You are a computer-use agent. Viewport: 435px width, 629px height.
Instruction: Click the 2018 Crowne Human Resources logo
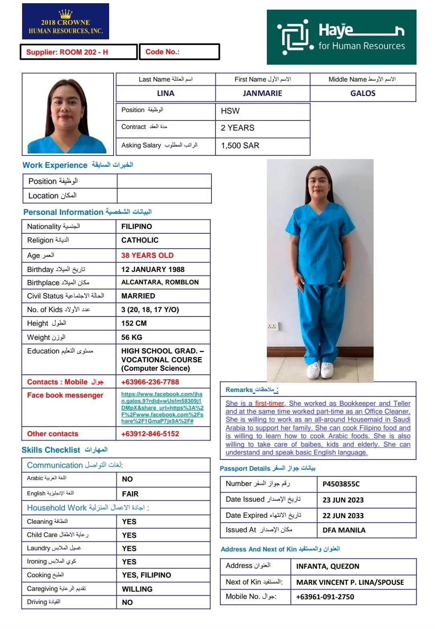[x=65, y=22]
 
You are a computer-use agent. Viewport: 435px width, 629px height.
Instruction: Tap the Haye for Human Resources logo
[x=341, y=37]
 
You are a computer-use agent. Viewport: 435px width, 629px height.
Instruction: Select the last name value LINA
[x=165, y=93]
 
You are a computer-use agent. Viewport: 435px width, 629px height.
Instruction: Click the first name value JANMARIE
[x=262, y=93]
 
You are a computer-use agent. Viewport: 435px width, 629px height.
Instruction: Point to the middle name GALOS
[x=363, y=93]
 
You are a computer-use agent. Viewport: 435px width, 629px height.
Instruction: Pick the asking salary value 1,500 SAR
[x=240, y=145]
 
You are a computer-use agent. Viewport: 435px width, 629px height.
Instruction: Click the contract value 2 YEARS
[x=238, y=128]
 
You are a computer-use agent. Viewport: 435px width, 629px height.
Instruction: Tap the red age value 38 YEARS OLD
[x=147, y=255]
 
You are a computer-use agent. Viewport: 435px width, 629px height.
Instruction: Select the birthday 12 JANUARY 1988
[x=153, y=270]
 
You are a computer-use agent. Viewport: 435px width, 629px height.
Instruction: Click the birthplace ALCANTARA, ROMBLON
[x=160, y=282]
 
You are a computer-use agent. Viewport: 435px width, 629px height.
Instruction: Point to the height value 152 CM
[x=134, y=323]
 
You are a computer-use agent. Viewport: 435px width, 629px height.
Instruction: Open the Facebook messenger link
[x=162, y=408]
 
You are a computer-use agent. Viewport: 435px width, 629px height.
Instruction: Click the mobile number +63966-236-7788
[x=150, y=382]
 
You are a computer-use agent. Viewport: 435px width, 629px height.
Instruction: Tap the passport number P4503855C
[x=341, y=484]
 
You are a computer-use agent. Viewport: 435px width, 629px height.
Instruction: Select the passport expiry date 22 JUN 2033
[x=343, y=516]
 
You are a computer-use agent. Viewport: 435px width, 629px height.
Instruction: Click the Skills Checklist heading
[x=51, y=450]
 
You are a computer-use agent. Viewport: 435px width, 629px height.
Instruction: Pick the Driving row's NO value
[x=127, y=602]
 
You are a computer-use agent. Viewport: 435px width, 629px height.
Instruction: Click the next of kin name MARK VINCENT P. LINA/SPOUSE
[x=350, y=582]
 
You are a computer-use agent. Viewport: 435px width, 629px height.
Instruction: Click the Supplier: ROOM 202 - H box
[x=79, y=52]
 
